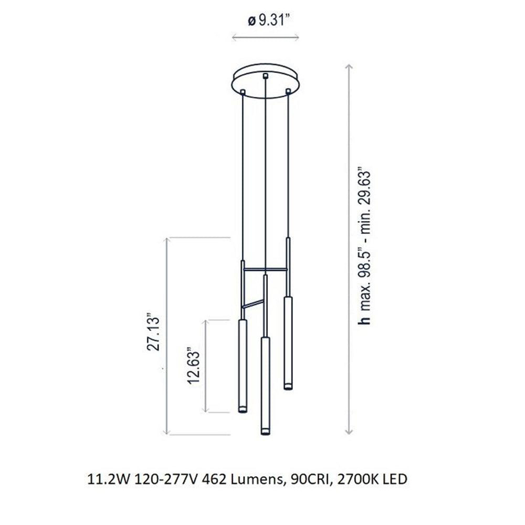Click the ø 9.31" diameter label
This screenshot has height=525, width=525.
(x=268, y=22)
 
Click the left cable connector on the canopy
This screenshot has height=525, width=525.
(x=243, y=93)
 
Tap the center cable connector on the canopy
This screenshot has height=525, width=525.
(x=266, y=77)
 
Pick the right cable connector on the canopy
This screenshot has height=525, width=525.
(x=288, y=92)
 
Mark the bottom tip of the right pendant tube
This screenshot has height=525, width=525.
(x=288, y=387)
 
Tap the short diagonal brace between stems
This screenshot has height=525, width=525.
(x=253, y=304)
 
